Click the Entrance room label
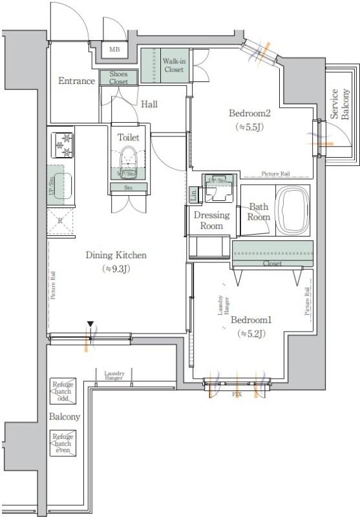[x=76, y=81]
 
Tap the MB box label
[x=114, y=50]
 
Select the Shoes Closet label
[x=118, y=78]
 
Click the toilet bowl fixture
[x=127, y=159]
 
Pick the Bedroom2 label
[x=249, y=114]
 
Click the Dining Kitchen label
[x=116, y=255]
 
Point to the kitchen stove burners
[x=63, y=144]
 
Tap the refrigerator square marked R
[x=60, y=220]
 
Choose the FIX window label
[x=237, y=393]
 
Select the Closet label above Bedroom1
[x=272, y=264]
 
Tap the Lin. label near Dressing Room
[x=194, y=192]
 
